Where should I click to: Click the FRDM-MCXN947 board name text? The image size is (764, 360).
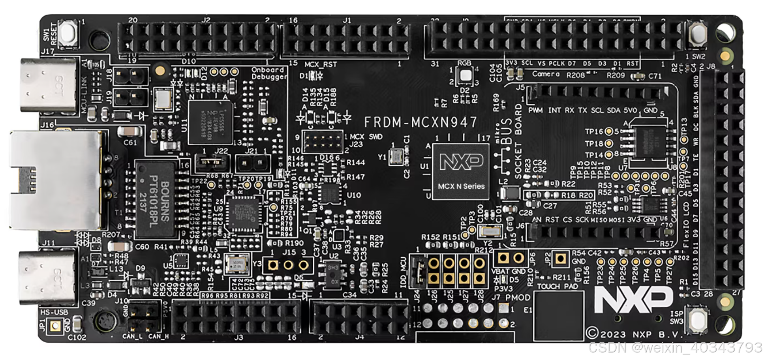(x=420, y=122)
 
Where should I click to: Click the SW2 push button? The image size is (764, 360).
(x=698, y=33)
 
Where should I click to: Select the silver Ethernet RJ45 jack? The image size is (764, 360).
(x=55, y=180)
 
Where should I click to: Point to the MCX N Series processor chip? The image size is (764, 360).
(x=461, y=171)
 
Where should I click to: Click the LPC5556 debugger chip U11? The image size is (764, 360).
(x=210, y=122)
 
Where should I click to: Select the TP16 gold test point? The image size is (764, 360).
(x=609, y=131)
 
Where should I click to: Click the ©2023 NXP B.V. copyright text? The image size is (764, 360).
(x=634, y=334)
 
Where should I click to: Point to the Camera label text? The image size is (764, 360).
(x=546, y=74)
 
